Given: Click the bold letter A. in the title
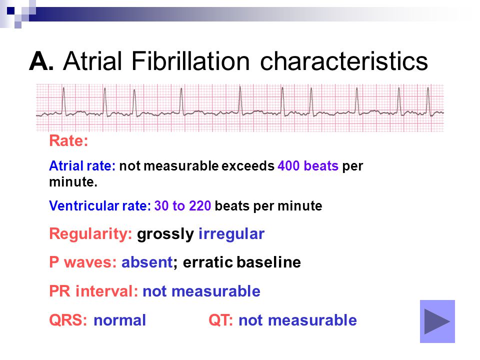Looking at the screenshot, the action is coord(41,61).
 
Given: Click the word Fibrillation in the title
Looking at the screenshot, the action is coord(190,61).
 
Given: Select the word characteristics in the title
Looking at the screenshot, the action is coord(344,61).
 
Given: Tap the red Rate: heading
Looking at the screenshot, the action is coord(68,141).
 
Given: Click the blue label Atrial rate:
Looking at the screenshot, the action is coord(82,166).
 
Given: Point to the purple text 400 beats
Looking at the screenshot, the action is coord(308,166).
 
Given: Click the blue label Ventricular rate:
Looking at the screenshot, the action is coord(100,205).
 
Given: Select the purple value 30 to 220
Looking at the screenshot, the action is coord(183,205).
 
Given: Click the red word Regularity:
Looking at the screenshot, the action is coord(90,234).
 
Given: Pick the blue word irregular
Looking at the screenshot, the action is coord(231,234).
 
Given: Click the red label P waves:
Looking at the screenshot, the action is coord(83,262).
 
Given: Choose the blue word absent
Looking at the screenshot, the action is coord(147,262).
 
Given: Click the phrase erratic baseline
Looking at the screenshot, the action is coord(242,262).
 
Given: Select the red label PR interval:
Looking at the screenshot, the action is coord(93,291).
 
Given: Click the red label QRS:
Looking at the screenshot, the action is coord(68,320).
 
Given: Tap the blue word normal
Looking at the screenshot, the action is coord(119,320).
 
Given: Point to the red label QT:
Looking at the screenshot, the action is coord(220,320).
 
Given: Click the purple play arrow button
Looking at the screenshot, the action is coord(437,321).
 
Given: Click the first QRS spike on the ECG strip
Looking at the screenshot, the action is coord(63,101).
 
